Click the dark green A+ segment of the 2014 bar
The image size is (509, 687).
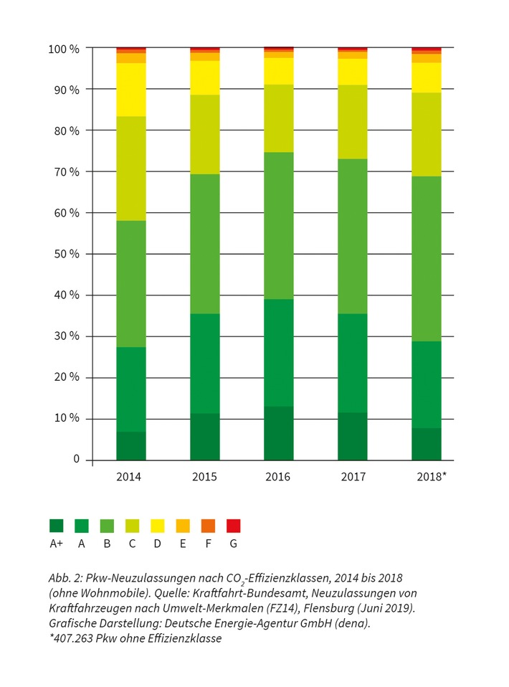131,445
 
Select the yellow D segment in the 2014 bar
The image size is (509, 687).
131,90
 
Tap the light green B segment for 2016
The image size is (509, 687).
279,225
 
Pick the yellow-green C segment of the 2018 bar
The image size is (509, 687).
426,134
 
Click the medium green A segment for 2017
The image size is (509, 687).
353,363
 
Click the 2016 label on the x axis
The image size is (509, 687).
279,477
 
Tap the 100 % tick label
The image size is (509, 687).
65,49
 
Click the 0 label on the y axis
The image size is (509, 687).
76,460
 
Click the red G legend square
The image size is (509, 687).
233,526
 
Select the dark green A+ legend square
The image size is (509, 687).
57,526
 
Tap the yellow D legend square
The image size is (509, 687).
157,526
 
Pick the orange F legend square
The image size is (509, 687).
208,526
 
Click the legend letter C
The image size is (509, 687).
132,544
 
